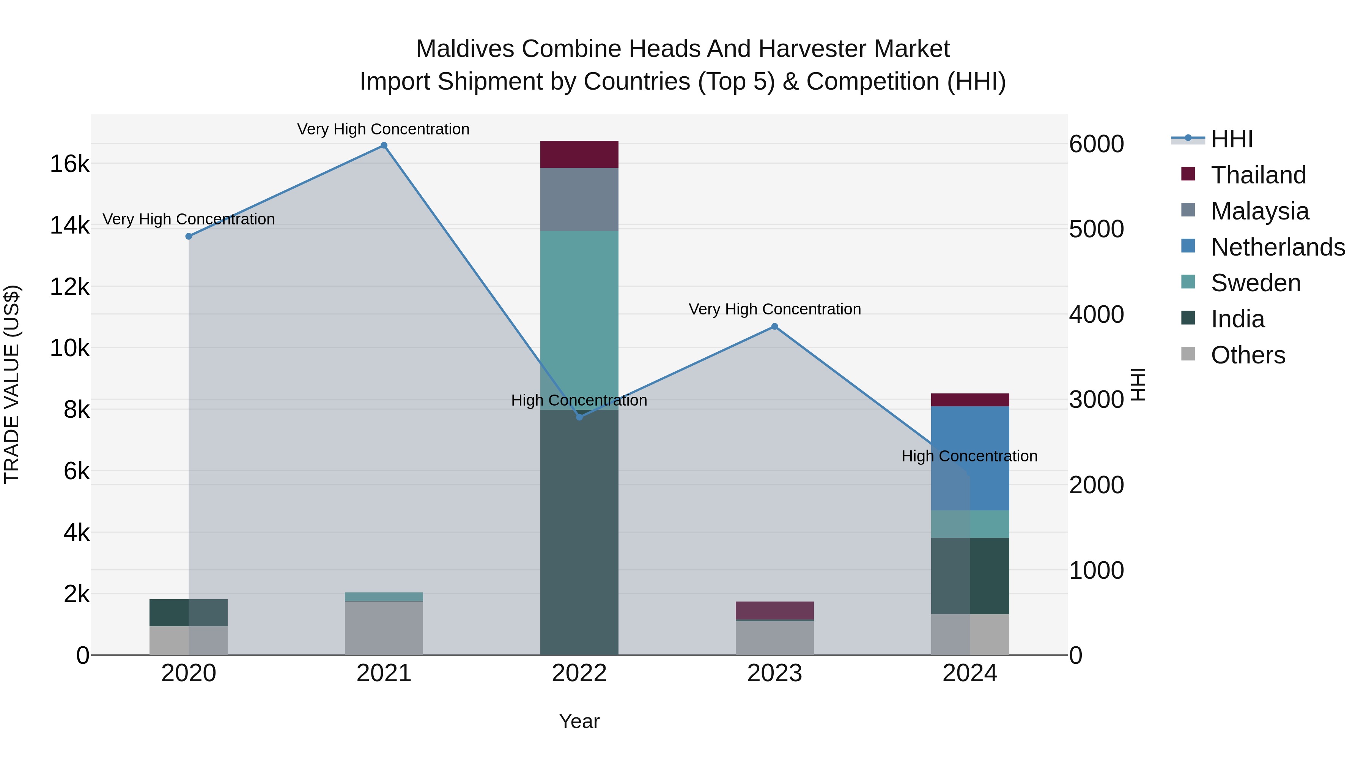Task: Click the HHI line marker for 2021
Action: (x=384, y=145)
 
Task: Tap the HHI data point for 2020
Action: (x=189, y=236)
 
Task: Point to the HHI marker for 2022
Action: (x=579, y=417)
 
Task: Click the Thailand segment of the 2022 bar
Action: (x=579, y=155)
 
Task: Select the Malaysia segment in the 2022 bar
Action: (x=579, y=199)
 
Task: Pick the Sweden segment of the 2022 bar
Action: (x=579, y=319)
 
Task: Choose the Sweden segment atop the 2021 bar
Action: (x=384, y=597)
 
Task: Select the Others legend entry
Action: (x=1248, y=355)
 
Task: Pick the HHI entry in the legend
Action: (x=1231, y=139)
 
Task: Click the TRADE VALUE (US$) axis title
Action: (x=12, y=384)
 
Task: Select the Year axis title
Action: (x=579, y=721)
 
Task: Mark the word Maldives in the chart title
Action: (x=465, y=49)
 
